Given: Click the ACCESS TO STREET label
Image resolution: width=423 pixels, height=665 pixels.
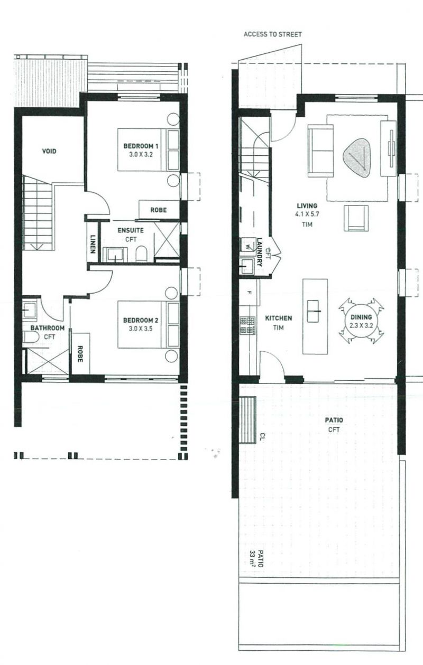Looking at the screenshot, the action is [x=273, y=34].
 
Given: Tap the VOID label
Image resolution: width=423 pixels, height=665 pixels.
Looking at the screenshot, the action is [x=49, y=152].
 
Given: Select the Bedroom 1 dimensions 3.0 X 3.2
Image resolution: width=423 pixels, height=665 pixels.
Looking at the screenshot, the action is [x=141, y=154].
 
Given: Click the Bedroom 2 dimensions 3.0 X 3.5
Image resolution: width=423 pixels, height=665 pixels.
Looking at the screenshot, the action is [x=141, y=329].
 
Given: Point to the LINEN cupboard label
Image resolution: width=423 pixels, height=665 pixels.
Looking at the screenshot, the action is [x=93, y=244].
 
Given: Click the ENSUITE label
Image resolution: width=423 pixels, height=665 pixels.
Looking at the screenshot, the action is [x=131, y=230].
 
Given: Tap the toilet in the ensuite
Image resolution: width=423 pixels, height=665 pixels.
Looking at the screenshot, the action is [x=142, y=254].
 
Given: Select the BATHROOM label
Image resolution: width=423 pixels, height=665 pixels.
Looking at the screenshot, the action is [x=48, y=328].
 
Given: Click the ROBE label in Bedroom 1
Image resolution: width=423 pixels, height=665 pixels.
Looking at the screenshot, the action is [x=159, y=210].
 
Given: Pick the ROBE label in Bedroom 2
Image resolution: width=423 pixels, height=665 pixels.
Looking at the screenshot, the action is [x=80, y=353].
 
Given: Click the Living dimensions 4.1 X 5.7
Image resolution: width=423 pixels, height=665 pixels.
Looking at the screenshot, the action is [x=307, y=214].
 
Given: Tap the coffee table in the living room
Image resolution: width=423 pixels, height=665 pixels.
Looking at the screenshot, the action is [x=356, y=158].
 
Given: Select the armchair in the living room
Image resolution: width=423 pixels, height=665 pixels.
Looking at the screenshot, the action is [x=356, y=218].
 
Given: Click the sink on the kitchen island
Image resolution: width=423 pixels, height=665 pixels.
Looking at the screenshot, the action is [x=312, y=311].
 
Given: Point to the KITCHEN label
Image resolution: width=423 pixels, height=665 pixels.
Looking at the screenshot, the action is [x=279, y=319].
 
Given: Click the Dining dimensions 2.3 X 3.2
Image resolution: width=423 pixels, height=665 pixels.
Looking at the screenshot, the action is [x=361, y=325].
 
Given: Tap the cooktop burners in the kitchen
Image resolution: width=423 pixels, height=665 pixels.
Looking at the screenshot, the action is [x=248, y=325].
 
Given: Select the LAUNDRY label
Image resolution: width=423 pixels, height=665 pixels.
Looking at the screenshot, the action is [x=260, y=252].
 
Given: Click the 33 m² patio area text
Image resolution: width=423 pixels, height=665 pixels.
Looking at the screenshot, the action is [x=252, y=559].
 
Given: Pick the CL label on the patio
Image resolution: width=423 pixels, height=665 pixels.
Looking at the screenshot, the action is [x=262, y=436].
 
